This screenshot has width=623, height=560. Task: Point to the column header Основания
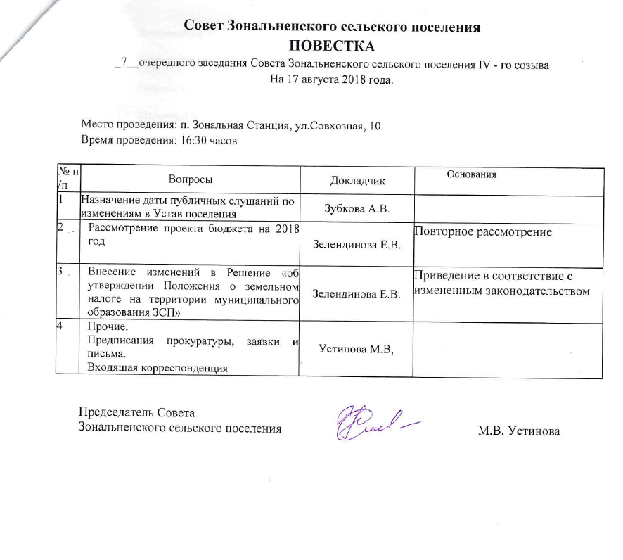tap(472, 174)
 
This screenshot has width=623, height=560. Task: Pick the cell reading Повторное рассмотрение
tap(482, 231)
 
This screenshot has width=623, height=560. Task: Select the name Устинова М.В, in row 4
tap(354, 348)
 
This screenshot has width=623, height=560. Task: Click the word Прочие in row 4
tap(103, 328)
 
